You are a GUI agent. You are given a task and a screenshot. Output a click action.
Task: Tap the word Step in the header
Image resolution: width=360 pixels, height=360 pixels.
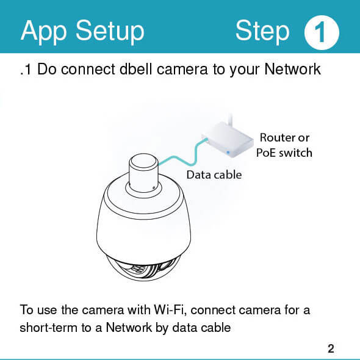pyautogui.click(x=262, y=32)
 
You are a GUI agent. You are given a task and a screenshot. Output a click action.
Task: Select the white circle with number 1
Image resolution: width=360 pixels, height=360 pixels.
pyautogui.click(x=322, y=32)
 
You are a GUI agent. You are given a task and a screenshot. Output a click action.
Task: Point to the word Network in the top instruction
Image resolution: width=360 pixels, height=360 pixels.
pyautogui.click(x=293, y=69)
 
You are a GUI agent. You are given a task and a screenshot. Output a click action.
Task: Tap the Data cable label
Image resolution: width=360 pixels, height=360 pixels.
pyautogui.click(x=214, y=175)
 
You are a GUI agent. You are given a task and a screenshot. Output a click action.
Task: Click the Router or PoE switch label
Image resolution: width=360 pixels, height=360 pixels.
pyautogui.click(x=284, y=145)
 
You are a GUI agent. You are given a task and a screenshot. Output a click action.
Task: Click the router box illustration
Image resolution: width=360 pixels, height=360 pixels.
pyautogui.click(x=228, y=140)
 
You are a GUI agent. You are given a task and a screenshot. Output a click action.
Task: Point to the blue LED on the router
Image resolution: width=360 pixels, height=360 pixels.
pyautogui.click(x=228, y=153)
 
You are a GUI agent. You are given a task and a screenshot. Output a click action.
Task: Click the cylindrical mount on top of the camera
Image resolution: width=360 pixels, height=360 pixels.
pyautogui.click(x=143, y=173)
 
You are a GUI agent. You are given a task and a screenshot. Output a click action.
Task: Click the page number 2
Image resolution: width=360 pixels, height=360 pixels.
pyautogui.click(x=331, y=348)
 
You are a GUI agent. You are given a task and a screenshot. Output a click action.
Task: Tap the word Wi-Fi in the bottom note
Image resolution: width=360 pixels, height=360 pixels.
pyautogui.click(x=169, y=310)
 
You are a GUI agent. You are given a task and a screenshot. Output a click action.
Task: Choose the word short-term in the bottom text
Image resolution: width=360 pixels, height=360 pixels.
pyautogui.click(x=48, y=327)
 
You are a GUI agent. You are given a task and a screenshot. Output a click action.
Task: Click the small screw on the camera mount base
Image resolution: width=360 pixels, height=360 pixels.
pyautogui.click(x=154, y=189)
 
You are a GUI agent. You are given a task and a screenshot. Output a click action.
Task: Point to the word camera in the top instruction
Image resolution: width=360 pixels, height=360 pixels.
pyautogui.click(x=182, y=70)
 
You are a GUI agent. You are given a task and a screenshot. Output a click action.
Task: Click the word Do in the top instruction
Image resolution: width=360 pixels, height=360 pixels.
pyautogui.click(x=47, y=69)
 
